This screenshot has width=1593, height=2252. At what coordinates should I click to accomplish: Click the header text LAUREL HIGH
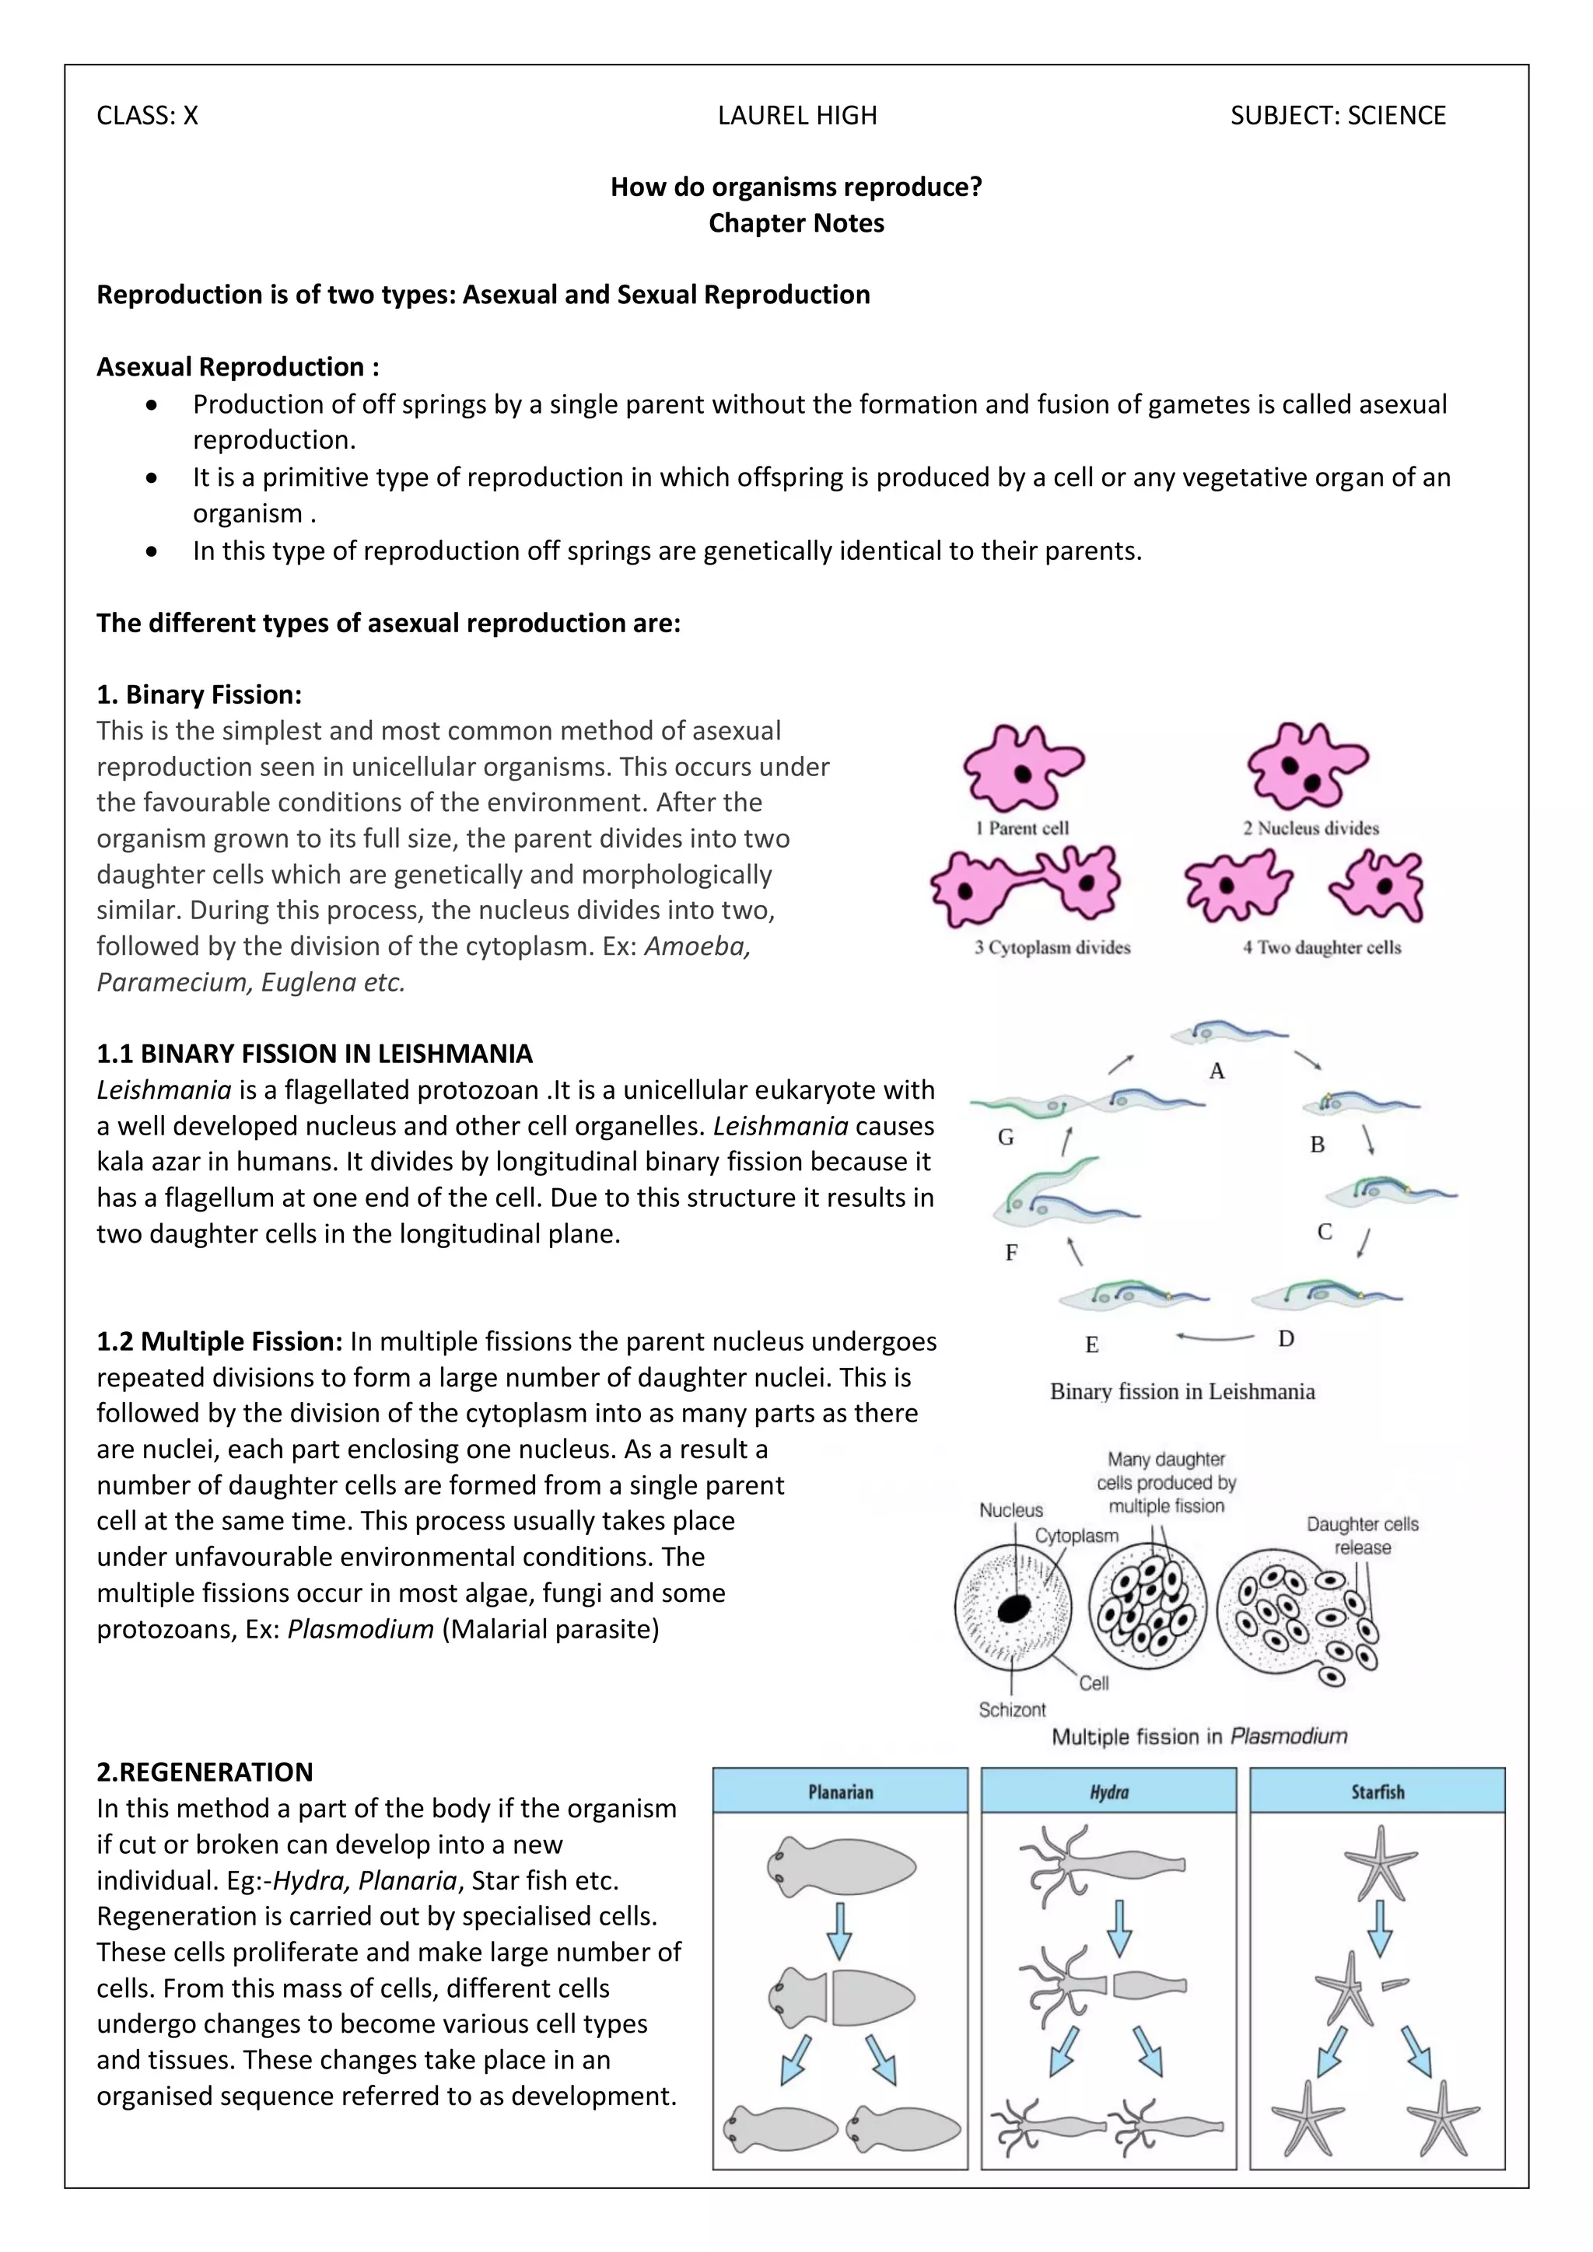point(796,116)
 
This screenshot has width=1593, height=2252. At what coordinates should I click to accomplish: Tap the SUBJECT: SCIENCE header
point(1337,116)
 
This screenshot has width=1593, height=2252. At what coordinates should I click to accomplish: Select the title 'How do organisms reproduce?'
point(796,187)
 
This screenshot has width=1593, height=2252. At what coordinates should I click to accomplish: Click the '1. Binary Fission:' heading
point(199,694)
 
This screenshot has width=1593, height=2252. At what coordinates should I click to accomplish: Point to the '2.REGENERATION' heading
point(205,1771)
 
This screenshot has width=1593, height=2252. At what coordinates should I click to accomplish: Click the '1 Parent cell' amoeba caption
point(1022,828)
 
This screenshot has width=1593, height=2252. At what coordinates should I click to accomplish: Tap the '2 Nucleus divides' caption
point(1311,828)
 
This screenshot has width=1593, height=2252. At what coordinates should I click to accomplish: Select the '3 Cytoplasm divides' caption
point(1052,947)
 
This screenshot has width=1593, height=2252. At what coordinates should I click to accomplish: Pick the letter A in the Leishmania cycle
point(1217,1071)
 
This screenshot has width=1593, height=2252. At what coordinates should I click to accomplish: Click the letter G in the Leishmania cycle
point(1006,1138)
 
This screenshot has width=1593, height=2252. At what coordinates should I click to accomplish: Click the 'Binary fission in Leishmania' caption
point(1182,1391)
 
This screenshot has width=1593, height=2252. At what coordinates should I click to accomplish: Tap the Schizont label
point(1011,1709)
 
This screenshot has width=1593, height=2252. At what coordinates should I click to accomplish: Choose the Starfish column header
point(1378,1791)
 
